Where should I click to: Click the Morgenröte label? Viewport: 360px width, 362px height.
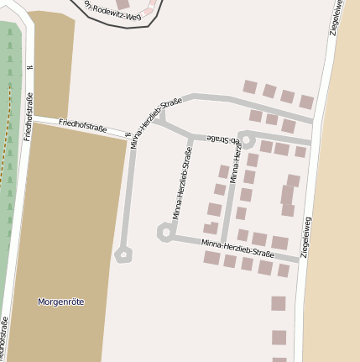(61, 302)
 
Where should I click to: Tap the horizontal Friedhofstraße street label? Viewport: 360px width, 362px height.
(82, 127)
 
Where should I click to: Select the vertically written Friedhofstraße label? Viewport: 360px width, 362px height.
(28, 116)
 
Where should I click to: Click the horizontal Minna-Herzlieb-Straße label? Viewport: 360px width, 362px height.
(237, 248)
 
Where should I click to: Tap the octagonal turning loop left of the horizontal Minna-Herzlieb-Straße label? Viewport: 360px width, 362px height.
(165, 232)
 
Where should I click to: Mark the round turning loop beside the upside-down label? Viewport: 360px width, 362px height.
(247, 139)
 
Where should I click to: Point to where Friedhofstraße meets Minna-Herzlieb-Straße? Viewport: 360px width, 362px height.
(132, 137)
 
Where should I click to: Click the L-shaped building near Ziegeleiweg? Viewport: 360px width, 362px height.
(289, 192)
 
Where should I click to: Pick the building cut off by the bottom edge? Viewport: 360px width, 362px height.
(279, 359)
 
